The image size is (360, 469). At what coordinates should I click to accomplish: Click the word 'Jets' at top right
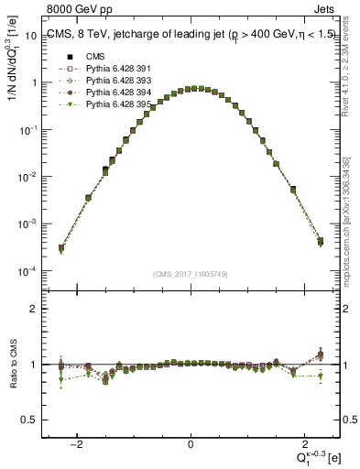327,10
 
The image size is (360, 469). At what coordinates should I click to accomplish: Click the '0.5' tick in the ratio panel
29,420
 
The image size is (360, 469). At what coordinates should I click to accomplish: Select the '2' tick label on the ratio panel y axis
34,309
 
